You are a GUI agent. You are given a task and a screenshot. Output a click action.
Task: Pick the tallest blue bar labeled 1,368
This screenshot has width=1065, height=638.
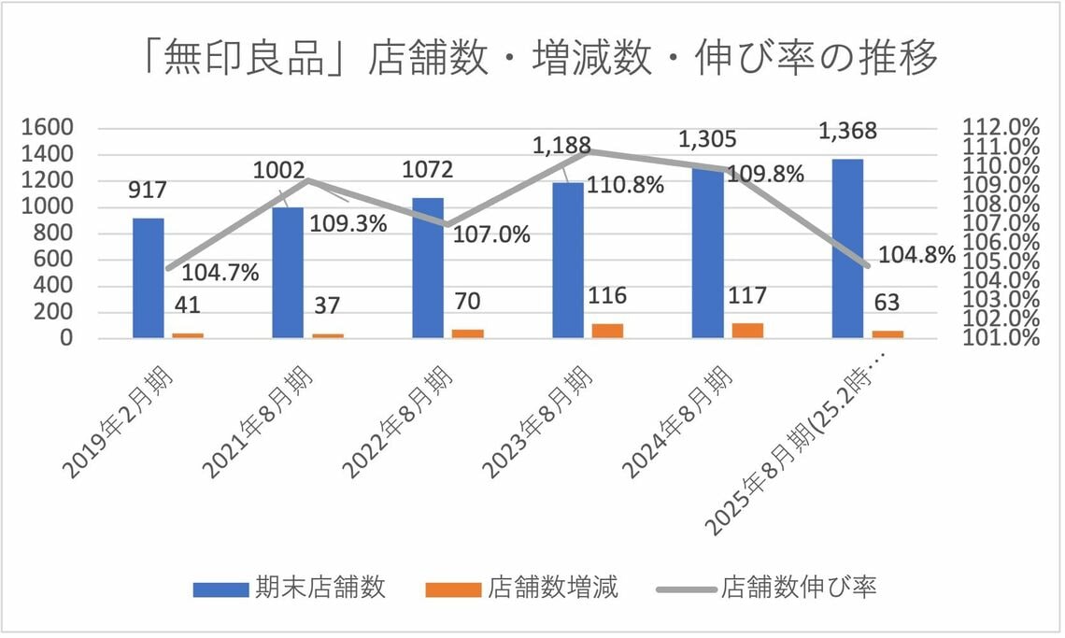(x=847, y=248)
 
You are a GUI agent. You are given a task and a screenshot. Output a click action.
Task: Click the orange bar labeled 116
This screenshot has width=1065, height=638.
(x=607, y=331)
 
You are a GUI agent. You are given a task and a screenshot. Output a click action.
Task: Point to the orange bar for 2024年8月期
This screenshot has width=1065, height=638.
(x=747, y=331)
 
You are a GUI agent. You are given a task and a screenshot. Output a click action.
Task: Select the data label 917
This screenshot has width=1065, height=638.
(x=148, y=190)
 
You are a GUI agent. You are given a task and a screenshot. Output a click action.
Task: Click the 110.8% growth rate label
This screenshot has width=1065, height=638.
(x=626, y=185)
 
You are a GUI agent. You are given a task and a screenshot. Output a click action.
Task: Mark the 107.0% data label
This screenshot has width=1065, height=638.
(x=491, y=234)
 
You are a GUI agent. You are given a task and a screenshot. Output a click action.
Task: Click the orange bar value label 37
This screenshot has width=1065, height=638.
(x=327, y=304)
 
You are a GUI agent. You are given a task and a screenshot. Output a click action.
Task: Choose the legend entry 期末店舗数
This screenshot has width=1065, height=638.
(x=290, y=588)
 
